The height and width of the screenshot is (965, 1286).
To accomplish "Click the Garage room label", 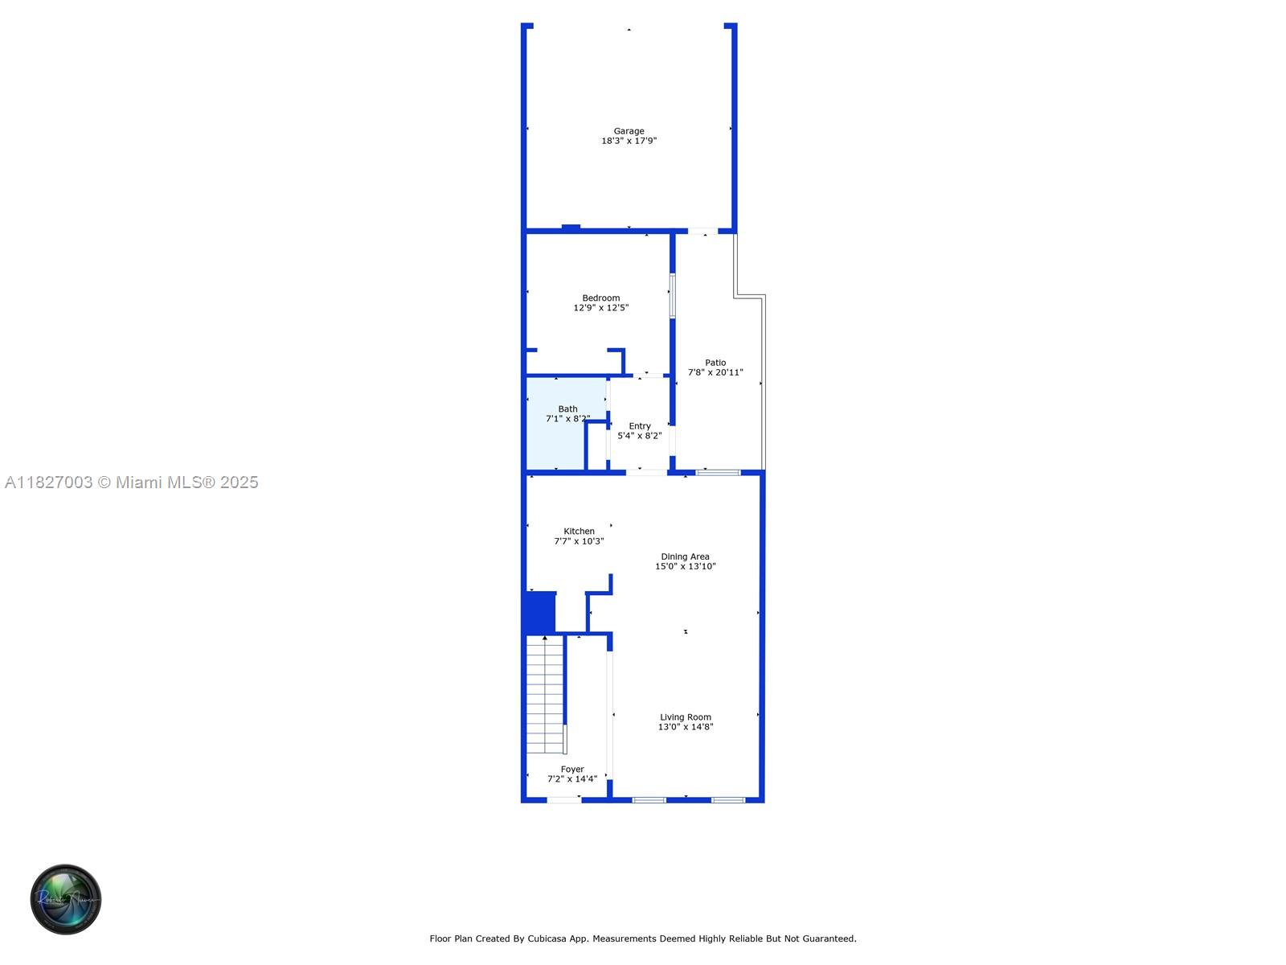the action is pyautogui.click(x=629, y=131).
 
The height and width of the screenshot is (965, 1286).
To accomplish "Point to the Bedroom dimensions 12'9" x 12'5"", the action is pyautogui.click(x=600, y=308).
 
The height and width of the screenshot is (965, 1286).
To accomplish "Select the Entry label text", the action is pyautogui.click(x=640, y=426).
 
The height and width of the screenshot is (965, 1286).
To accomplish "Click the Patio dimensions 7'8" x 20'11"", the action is pyautogui.click(x=715, y=372).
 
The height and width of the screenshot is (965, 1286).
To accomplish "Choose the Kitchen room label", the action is pyautogui.click(x=579, y=532).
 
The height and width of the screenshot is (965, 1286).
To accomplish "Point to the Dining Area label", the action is pyautogui.click(x=685, y=556).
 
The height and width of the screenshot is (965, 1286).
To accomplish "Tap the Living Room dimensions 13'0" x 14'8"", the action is pyautogui.click(x=686, y=726).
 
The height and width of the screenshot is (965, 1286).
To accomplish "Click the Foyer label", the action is pyautogui.click(x=572, y=770).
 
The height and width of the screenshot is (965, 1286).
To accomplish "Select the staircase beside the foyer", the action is pyautogui.click(x=546, y=695).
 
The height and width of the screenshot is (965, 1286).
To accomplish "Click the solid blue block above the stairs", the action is pyautogui.click(x=539, y=613).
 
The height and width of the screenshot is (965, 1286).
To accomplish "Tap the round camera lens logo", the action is pyautogui.click(x=66, y=899).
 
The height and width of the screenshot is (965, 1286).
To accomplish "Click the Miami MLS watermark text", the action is pyautogui.click(x=131, y=482).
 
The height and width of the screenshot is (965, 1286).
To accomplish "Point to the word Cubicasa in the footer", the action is pyautogui.click(x=547, y=938).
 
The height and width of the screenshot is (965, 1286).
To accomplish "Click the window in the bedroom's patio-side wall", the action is pyautogui.click(x=673, y=296).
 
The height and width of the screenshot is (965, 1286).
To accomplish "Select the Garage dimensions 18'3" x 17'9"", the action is pyautogui.click(x=629, y=141).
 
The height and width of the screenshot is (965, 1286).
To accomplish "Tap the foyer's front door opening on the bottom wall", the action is pyautogui.click(x=564, y=800).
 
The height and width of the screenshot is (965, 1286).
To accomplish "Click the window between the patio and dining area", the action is pyautogui.click(x=719, y=472).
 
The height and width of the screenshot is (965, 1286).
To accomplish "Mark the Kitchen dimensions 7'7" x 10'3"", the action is pyautogui.click(x=579, y=541).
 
